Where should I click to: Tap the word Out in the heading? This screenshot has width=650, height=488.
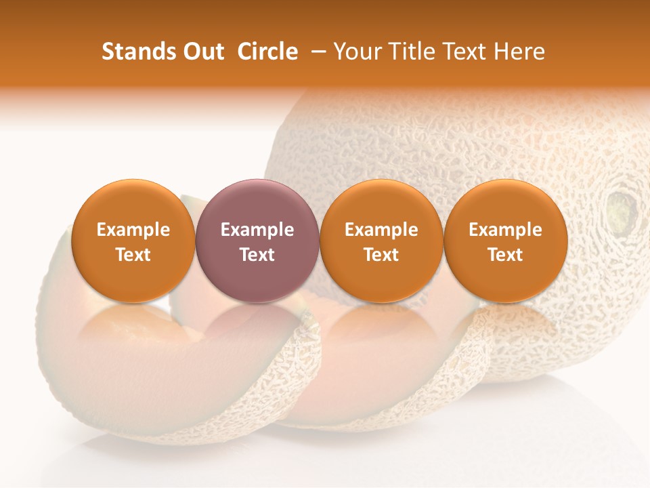[202, 52]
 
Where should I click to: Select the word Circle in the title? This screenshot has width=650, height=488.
[267, 52]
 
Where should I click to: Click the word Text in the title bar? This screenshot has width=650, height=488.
[463, 52]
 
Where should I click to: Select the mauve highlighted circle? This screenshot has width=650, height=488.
[257, 241]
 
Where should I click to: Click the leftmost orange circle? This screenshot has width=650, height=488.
[133, 241]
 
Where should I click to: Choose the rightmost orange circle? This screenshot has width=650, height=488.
[506, 241]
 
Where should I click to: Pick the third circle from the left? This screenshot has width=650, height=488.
[381, 241]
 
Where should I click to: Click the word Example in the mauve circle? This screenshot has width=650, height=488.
[257, 230]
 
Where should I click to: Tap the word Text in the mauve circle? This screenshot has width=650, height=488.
[257, 254]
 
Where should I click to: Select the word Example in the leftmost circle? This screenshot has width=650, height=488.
[133, 230]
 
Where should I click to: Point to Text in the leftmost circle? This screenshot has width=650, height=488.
[133, 254]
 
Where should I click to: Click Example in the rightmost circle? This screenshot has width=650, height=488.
[506, 230]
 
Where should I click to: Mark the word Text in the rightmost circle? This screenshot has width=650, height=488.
[506, 254]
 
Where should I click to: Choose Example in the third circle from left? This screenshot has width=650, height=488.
[381, 230]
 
